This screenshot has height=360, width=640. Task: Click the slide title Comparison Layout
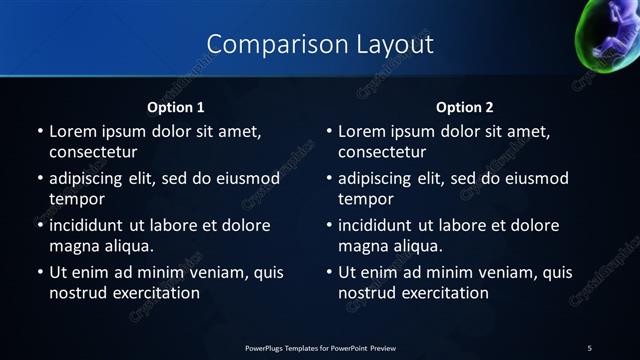[x=320, y=45]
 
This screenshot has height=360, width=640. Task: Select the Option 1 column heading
[x=176, y=106]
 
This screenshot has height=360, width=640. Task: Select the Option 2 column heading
[x=465, y=106]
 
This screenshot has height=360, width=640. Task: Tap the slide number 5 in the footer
[x=589, y=347]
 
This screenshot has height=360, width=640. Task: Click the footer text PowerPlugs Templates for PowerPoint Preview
[x=319, y=347]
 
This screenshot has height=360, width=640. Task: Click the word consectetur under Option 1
[x=93, y=153]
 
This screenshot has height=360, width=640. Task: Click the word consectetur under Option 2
[x=383, y=153]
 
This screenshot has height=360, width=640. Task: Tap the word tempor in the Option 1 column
[x=76, y=199]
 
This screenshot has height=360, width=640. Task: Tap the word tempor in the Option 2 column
[x=366, y=199]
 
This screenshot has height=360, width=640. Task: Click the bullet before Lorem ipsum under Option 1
[x=40, y=131]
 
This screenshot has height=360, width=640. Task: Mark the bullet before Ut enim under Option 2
[x=330, y=272]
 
